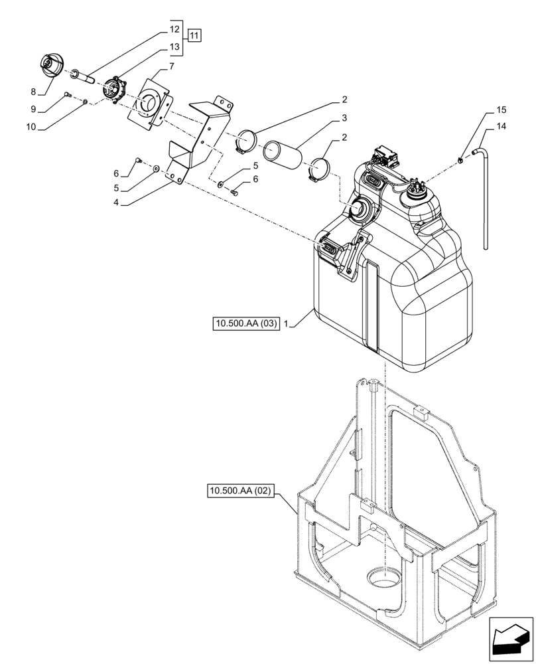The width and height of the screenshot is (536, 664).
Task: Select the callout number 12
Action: (x=174, y=30)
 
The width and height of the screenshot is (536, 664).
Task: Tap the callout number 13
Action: (x=174, y=47)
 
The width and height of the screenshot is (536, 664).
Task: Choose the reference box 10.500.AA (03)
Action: (x=245, y=324)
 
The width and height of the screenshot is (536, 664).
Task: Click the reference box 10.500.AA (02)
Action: (x=240, y=491)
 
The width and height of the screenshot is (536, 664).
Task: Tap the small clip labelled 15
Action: (x=459, y=158)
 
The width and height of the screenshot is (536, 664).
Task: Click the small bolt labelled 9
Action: (x=67, y=96)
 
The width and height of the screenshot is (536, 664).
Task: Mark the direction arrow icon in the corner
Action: (x=510, y=637)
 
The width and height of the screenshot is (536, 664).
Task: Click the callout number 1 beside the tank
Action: (x=285, y=324)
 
